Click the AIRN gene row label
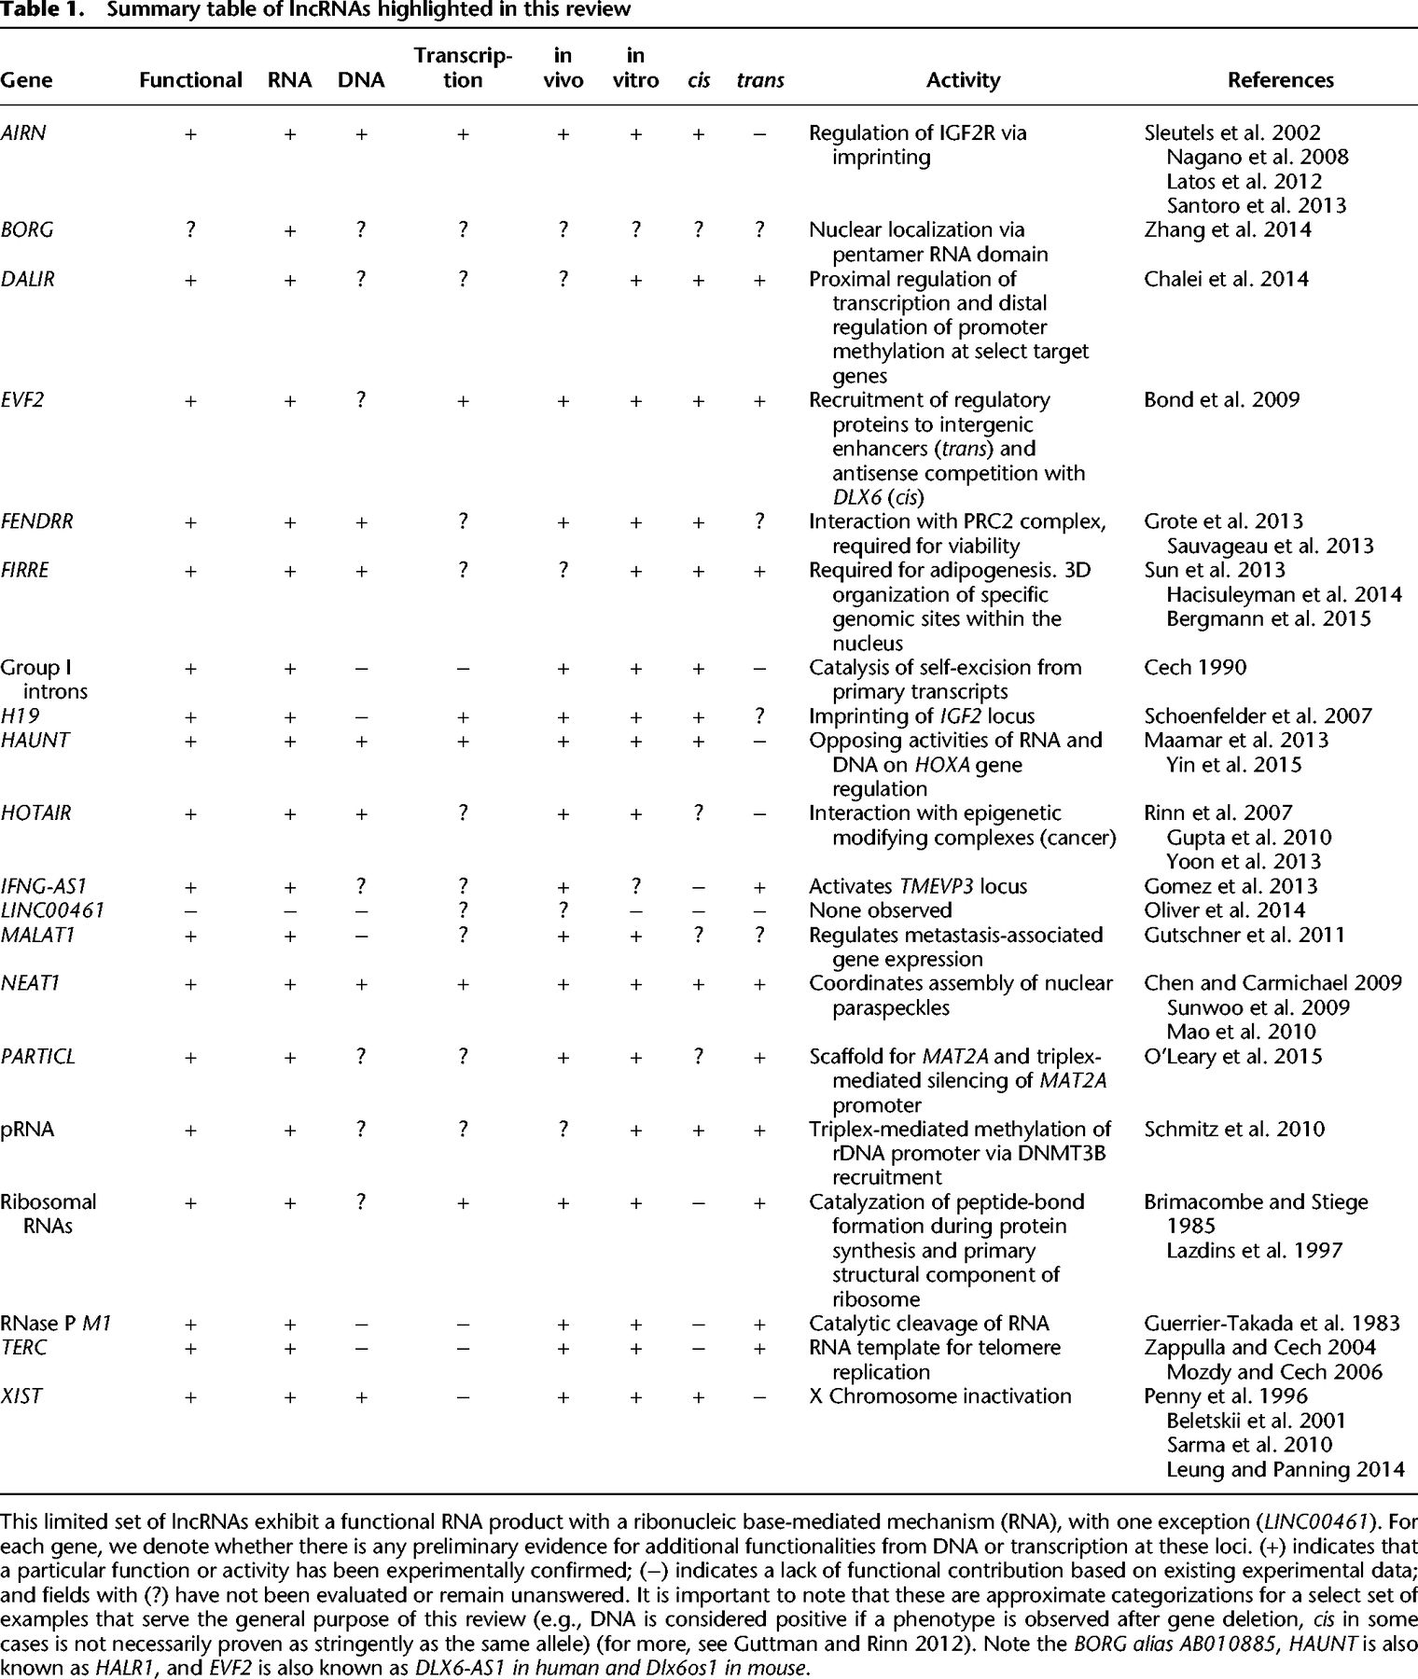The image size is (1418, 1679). (23, 133)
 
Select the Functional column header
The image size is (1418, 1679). (190, 80)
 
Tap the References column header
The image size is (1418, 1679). (1280, 80)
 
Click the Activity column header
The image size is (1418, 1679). (963, 80)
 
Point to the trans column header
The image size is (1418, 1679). (759, 80)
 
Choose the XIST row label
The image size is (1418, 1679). (21, 1396)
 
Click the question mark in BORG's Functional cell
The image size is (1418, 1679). (190, 229)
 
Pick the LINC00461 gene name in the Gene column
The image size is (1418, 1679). (52, 910)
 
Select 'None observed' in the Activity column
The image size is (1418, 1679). (881, 910)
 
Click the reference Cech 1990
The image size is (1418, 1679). (1195, 668)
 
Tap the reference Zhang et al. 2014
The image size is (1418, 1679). (1228, 229)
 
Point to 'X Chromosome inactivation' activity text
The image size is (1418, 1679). (940, 1396)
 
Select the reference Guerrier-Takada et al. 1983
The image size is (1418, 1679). (1272, 1324)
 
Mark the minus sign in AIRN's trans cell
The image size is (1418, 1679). (759, 133)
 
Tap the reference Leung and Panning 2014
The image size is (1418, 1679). (1285, 1470)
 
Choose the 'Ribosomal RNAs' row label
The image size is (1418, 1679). (49, 1214)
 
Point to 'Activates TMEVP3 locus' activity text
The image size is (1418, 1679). (918, 886)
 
